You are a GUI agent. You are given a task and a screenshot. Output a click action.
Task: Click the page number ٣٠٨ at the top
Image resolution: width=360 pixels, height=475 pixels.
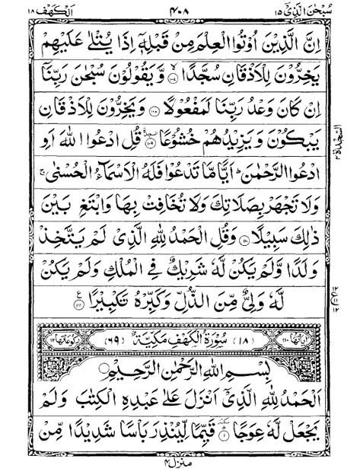click(180, 8)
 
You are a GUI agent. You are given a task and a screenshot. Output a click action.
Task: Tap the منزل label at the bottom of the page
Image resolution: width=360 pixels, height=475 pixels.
click(180, 465)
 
